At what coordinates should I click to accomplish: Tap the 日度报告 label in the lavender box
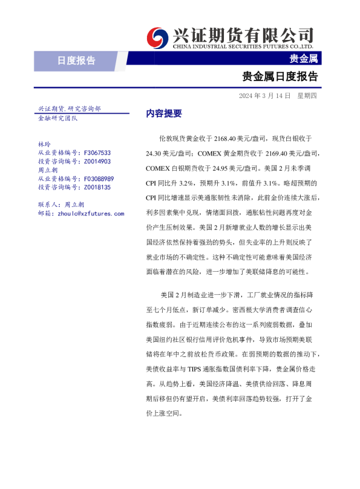[x=76, y=60]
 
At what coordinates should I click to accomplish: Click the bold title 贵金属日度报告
[x=280, y=77]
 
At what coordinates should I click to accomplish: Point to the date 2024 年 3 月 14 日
[x=264, y=96]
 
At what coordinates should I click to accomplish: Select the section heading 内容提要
[x=147, y=113]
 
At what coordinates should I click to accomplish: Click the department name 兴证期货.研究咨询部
[x=69, y=108]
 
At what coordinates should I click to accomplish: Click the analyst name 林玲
[x=44, y=145]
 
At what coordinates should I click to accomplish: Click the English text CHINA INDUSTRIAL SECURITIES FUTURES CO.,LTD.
[x=243, y=46]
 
